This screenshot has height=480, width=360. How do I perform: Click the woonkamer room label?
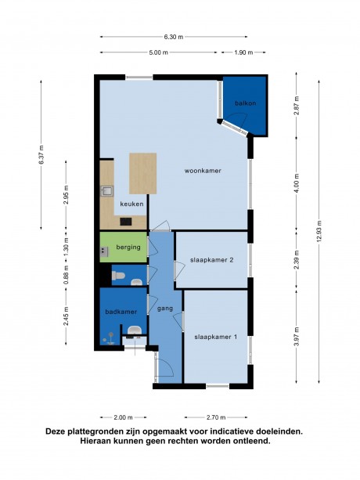(x=203, y=171)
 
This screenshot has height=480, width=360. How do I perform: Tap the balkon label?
(x=245, y=103)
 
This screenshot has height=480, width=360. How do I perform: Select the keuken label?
(x=131, y=204)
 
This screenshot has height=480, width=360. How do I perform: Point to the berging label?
(x=128, y=247)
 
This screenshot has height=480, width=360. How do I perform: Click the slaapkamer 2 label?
(x=211, y=260)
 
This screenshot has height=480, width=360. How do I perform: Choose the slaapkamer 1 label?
(x=216, y=337)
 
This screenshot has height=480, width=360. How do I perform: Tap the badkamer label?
(x=121, y=312)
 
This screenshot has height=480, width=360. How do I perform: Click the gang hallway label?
(x=165, y=309)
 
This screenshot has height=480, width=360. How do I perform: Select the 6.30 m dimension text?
(x=174, y=37)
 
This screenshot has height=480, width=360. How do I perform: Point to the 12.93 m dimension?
(x=319, y=231)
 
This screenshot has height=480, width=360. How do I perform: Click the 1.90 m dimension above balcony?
(x=243, y=52)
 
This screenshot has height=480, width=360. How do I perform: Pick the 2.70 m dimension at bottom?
(x=216, y=417)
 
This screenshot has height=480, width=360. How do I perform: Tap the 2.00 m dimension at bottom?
(x=123, y=417)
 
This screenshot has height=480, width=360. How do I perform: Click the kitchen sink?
(x=107, y=191)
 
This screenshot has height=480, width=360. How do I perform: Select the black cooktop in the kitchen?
(x=126, y=222)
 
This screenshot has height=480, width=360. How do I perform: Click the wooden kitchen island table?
(x=143, y=174)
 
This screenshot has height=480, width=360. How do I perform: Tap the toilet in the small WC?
(x=118, y=276)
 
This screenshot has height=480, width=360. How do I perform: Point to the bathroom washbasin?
(x=135, y=330)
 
